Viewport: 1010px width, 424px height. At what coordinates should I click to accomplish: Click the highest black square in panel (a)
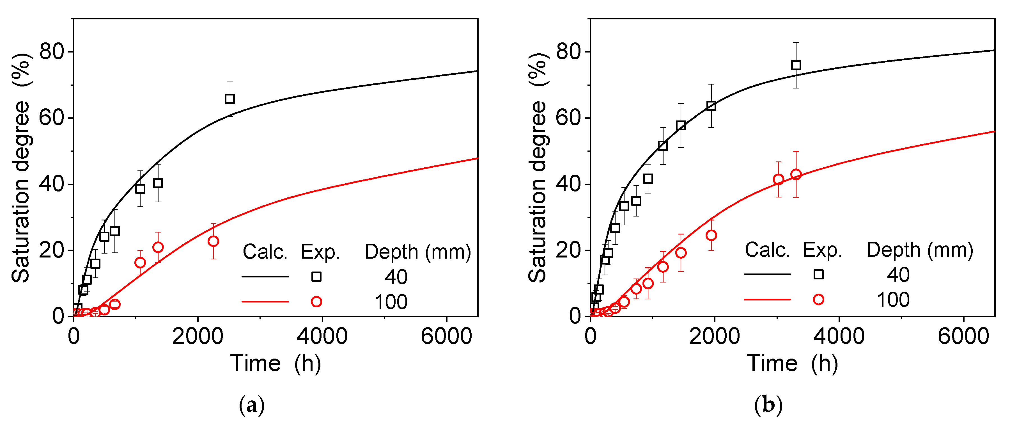230,99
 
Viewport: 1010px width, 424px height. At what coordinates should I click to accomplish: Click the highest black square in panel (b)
796,65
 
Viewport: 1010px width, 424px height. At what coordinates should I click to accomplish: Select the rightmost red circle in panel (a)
213,241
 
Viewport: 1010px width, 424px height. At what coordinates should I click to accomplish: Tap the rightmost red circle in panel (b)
796,174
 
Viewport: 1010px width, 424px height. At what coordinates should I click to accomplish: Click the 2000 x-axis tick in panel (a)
198,336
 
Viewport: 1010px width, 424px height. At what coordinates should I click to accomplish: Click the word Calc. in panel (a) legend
265,252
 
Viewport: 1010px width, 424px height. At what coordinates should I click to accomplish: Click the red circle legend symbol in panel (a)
316,302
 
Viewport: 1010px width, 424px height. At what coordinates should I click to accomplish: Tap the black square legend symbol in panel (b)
818,274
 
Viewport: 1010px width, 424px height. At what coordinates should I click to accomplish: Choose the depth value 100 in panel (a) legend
391,302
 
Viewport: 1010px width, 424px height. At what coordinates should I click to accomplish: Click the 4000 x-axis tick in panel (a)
322,336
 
